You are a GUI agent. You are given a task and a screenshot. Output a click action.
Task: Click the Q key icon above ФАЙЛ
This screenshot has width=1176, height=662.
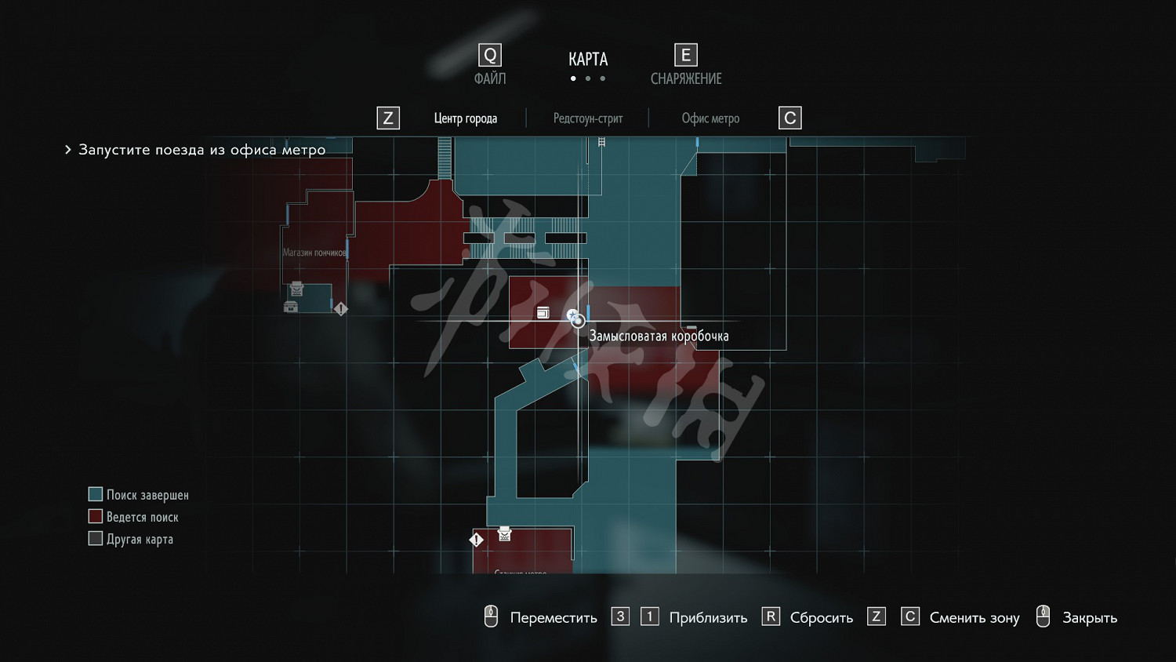[490, 55]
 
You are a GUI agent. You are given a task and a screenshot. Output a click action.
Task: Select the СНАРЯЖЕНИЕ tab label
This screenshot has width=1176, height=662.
[686, 78]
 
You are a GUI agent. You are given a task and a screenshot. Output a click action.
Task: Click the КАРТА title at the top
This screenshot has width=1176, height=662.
[588, 60]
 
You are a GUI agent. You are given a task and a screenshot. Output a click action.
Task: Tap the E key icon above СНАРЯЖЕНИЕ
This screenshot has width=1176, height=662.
[686, 55]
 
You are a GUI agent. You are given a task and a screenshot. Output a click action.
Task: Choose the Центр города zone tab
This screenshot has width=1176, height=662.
[466, 118]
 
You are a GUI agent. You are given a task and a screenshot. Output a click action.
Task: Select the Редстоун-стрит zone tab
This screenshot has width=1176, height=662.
[588, 118]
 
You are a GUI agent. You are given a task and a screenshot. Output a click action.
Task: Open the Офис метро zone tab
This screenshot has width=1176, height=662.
[710, 118]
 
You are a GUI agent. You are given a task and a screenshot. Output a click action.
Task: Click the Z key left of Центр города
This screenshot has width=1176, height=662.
[388, 118]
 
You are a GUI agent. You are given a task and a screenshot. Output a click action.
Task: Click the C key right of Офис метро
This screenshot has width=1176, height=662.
[790, 118]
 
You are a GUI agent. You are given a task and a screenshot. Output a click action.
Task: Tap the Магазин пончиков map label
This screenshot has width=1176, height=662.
[314, 253]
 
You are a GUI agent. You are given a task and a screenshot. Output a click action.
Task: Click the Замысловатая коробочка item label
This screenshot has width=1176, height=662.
[659, 336]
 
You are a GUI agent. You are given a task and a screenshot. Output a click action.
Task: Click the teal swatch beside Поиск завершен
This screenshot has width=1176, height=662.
[96, 494]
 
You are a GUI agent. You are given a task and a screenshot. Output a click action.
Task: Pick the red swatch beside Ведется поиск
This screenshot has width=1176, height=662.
[96, 516]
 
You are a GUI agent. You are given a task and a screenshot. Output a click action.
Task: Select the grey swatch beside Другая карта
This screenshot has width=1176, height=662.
[96, 538]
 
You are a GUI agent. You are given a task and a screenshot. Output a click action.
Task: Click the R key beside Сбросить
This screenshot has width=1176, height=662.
[771, 617]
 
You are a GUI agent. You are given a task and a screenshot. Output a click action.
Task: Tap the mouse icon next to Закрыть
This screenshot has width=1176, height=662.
[1043, 617]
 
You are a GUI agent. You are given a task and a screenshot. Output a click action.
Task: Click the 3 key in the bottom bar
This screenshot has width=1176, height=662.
[620, 617]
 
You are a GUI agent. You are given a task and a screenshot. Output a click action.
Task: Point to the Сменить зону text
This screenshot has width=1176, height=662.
[975, 618]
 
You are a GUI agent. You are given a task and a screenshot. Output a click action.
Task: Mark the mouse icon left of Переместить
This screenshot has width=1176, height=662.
[491, 617]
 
